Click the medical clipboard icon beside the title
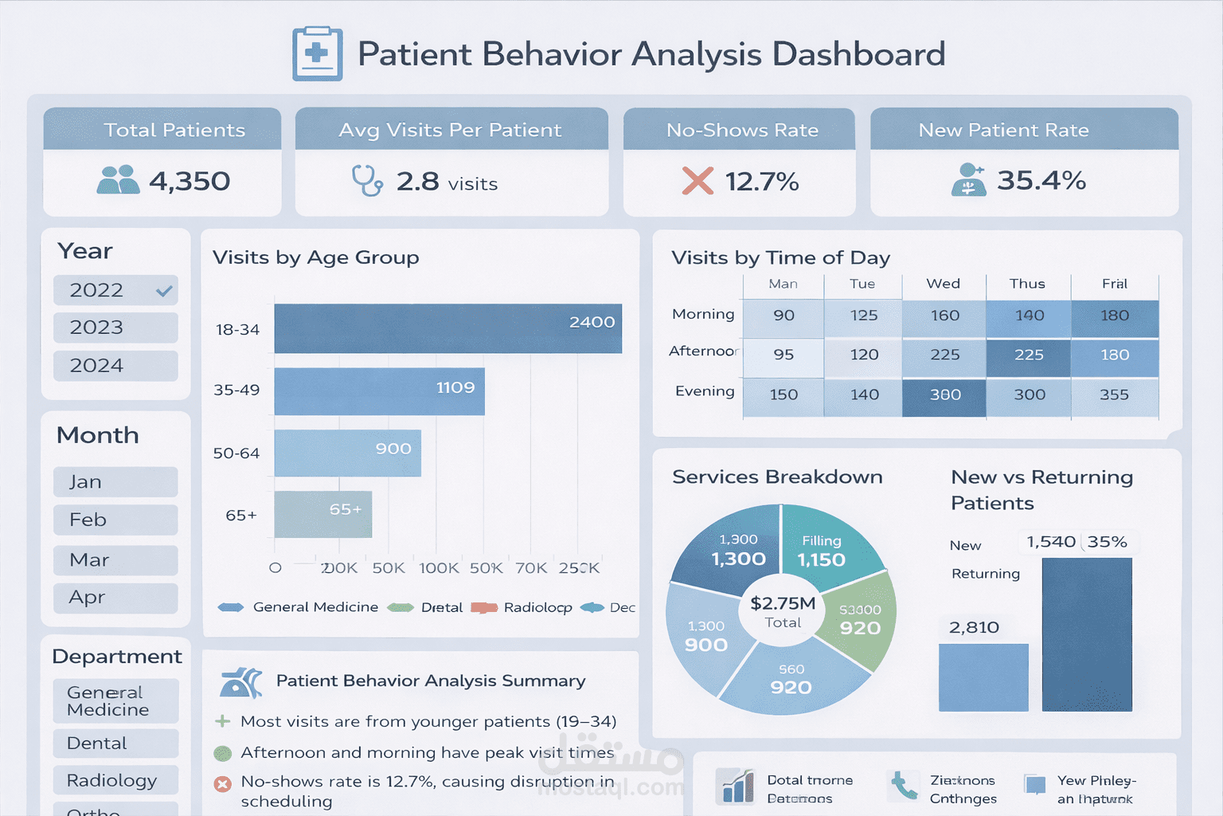pos(318,54)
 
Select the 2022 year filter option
pos(97,290)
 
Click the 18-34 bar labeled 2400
pos(447,328)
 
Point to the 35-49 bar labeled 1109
pos(379,390)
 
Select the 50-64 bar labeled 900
pos(347,453)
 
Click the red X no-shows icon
pos(697,181)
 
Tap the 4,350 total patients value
pos(190,182)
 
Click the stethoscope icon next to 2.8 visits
pos(367,181)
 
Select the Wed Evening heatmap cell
pos(944,394)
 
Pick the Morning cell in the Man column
pos(783,316)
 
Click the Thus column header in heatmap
pos(1027,284)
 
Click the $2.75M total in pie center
pos(783,611)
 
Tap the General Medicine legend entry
pos(299,607)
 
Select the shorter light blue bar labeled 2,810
pos(983,677)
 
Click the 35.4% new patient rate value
pos(1041,181)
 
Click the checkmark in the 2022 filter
pos(164,291)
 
